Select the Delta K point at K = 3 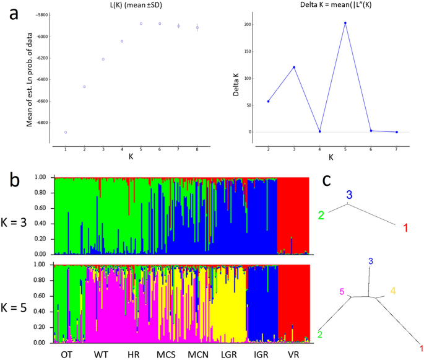pos(294,67)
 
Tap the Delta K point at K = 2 pos(268,101)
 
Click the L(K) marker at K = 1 pos(65,133)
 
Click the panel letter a pos(14,14)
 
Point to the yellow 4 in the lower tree pos(392,290)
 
